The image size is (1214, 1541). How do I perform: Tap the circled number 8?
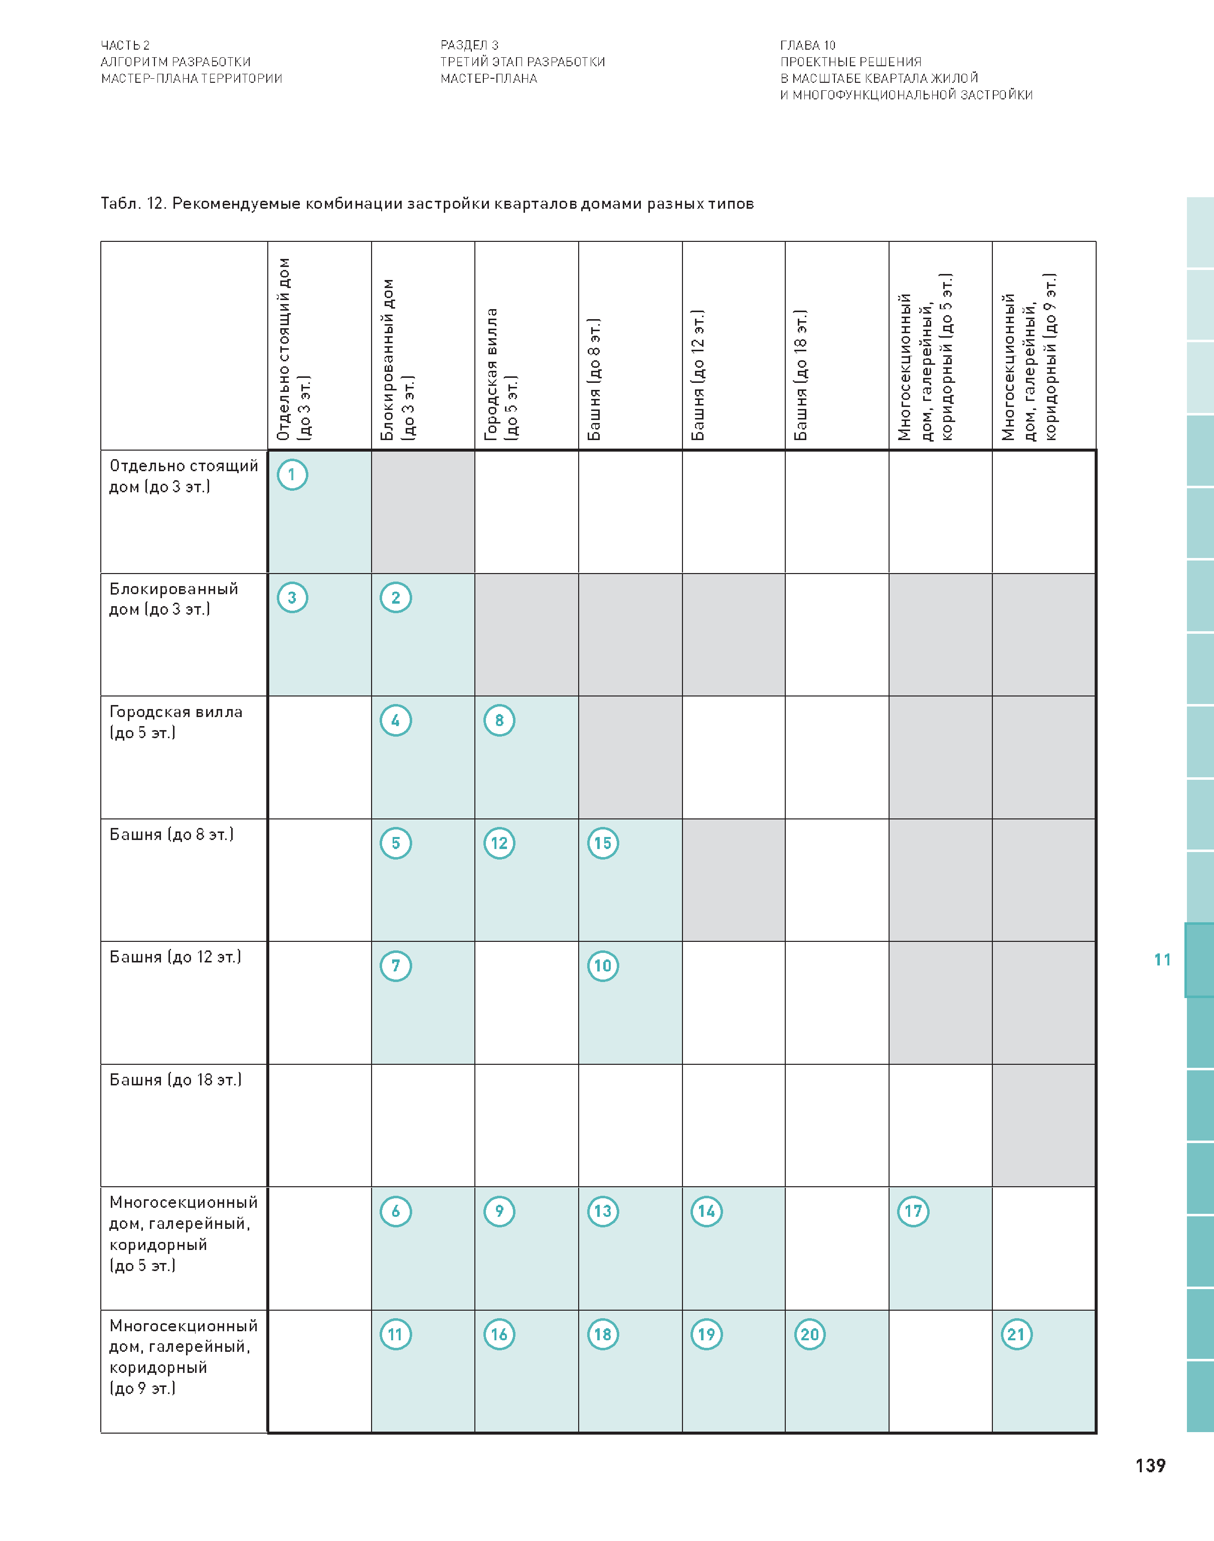(499, 721)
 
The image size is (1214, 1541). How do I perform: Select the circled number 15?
(603, 844)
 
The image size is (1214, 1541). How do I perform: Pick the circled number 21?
(1016, 1334)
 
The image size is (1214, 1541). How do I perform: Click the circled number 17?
(913, 1211)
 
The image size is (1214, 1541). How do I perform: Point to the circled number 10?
(603, 966)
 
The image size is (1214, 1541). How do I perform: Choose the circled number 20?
(809, 1334)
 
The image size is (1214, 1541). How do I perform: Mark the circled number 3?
(292, 597)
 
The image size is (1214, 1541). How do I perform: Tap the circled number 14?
(706, 1211)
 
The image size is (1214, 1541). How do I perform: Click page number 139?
(1150, 1466)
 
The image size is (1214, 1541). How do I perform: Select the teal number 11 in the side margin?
(1162, 960)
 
